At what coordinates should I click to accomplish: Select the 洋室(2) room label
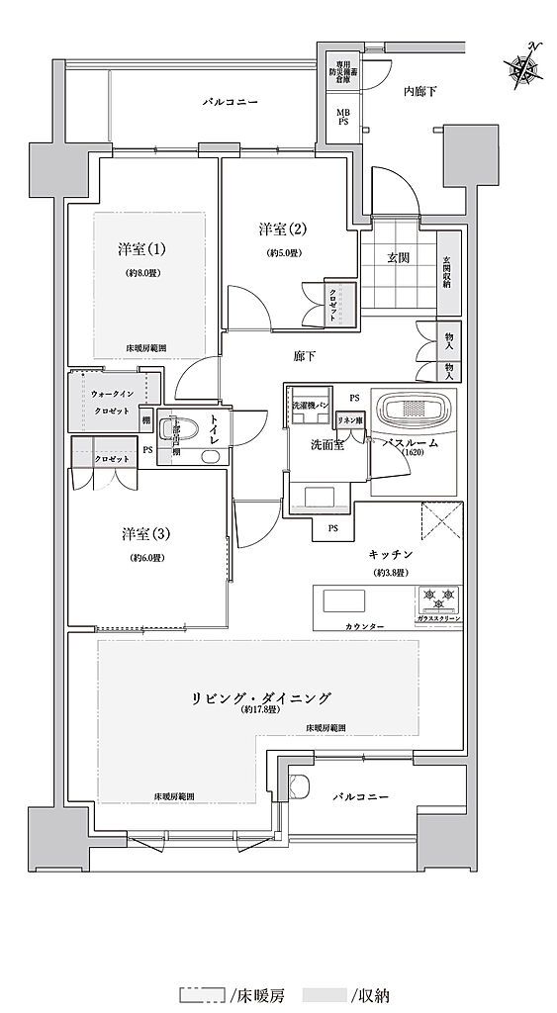coord(283,230)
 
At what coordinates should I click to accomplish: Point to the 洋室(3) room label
coord(147,534)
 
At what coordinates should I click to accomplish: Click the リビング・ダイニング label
coord(261,697)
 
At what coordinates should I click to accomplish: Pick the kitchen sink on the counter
coord(341,600)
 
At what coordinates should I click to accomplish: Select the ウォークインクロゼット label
coord(109,400)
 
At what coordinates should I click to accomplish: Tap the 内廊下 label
coord(419,91)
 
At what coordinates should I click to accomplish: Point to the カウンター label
coord(337,626)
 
